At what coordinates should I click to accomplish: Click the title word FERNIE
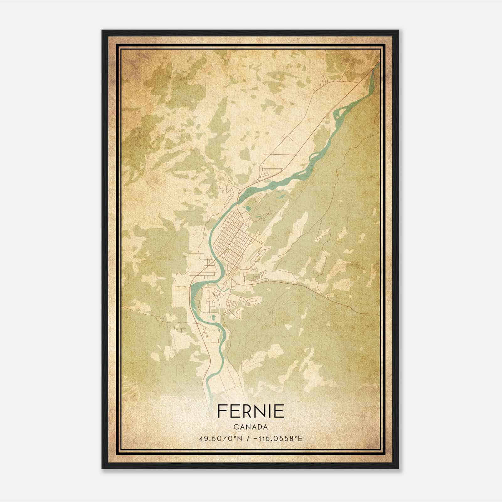tap(251, 411)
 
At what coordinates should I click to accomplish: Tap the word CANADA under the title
tap(251, 427)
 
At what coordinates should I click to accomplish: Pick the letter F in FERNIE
tap(221, 411)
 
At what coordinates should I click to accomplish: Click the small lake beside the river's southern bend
tap(213, 318)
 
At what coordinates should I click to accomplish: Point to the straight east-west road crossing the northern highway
tap(282, 155)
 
